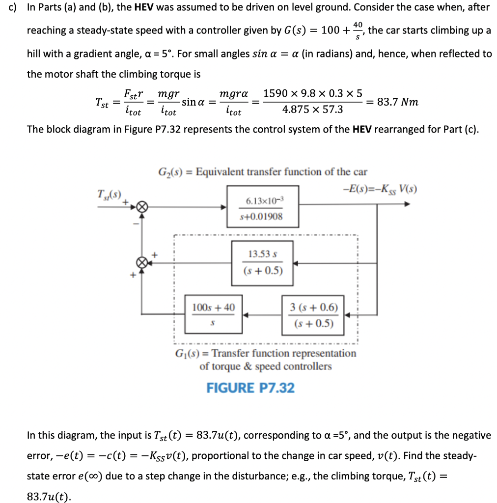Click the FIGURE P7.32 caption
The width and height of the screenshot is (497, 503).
tap(250, 388)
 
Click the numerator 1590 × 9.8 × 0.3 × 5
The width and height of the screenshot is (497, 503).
tap(313, 93)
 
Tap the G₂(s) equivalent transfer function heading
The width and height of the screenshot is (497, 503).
tap(262, 172)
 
